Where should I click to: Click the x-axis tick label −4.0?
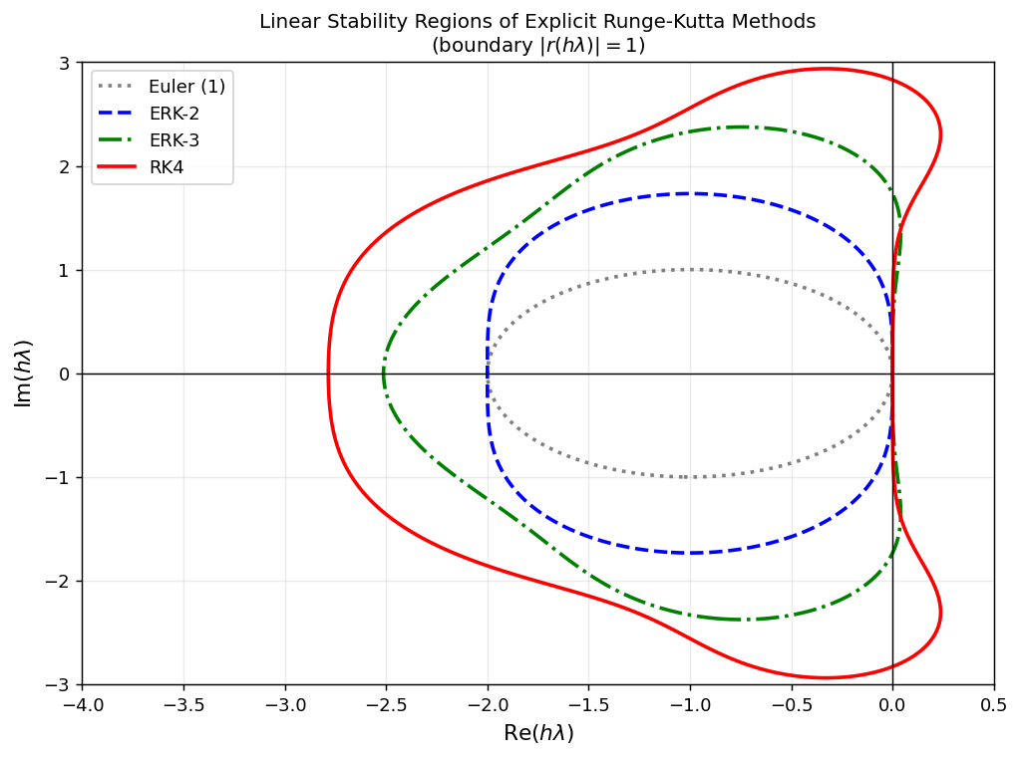[x=83, y=705]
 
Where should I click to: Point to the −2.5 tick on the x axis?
[x=386, y=705]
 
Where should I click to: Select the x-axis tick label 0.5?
[x=994, y=705]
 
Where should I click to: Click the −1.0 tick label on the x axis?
[x=690, y=705]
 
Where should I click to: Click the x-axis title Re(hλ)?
[x=538, y=734]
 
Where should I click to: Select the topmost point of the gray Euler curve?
[x=690, y=269]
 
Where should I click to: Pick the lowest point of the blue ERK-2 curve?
[x=690, y=553]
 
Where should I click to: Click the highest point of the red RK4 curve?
[x=825, y=69]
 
